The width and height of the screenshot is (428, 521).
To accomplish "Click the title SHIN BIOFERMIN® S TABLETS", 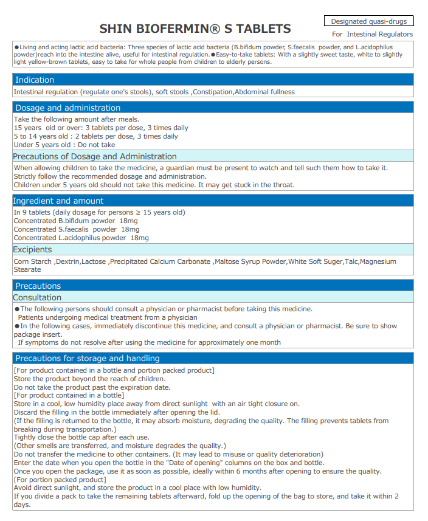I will click(195, 29).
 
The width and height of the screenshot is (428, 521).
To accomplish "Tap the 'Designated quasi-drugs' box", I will click(368, 21).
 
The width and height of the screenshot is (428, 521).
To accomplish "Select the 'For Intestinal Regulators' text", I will click(372, 34).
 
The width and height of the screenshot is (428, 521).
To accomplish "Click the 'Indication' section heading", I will click(35, 80).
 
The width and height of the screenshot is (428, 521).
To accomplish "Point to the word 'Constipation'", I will click(213, 92).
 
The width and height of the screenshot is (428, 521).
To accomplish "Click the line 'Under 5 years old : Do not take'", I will click(64, 145).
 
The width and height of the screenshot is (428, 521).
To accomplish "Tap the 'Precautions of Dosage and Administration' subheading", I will click(95, 156).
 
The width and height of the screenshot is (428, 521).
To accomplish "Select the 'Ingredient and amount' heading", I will click(59, 201).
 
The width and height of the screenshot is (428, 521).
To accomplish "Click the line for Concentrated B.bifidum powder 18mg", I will click(75, 221).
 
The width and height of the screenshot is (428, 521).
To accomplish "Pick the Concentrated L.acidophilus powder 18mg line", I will click(81, 238).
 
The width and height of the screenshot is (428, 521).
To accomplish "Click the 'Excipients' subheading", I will click(32, 249).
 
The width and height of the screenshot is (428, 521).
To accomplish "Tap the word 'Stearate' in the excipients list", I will click(27, 269).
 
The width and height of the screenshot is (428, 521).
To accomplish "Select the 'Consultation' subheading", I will click(37, 297).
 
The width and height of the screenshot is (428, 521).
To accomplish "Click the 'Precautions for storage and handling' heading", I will click(88, 358).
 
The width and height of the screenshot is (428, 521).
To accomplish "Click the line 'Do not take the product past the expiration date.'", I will click(92, 387).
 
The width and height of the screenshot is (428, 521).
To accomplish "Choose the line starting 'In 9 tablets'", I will click(99, 212).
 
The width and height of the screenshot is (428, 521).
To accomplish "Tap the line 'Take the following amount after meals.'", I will click(77, 119).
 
